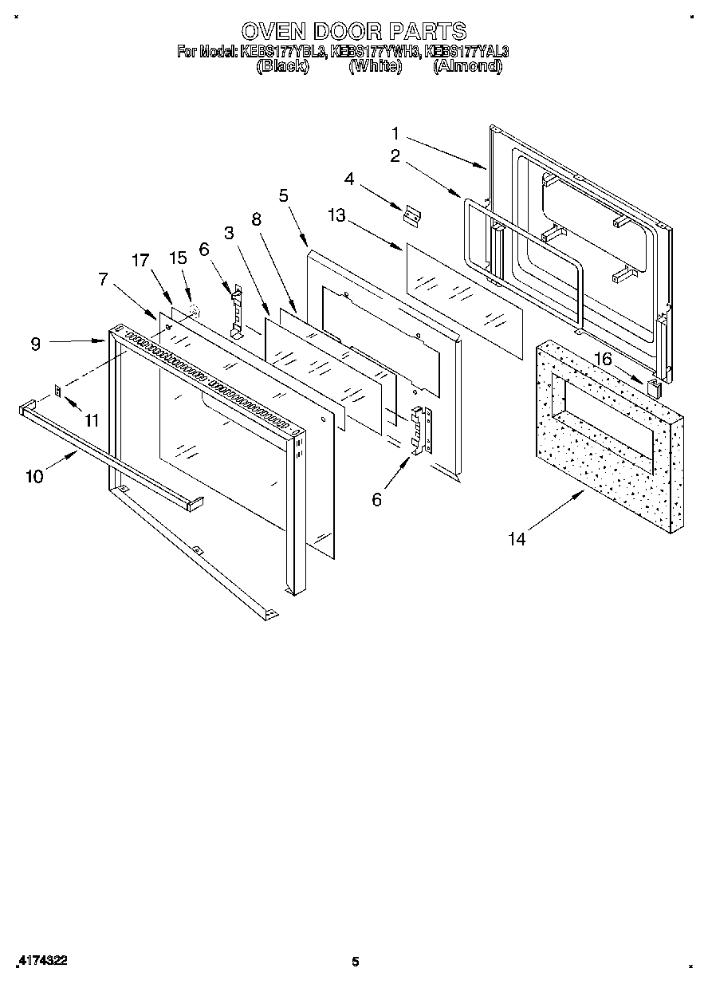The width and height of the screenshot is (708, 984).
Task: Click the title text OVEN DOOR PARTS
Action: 353,31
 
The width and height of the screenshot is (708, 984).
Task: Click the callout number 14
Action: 517,539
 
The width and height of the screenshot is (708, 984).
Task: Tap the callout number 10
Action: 34,476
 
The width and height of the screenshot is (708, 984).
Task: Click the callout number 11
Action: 92,419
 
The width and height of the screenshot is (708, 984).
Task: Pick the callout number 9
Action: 35,344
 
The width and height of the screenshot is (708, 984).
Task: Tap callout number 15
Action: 178,258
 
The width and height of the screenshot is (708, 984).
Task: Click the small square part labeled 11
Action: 58,391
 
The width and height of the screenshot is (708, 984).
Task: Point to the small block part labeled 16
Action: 654,388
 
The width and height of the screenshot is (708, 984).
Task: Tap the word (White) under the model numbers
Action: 375,67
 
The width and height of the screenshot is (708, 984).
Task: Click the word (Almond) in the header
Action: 467,67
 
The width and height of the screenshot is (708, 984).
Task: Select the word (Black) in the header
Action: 282,67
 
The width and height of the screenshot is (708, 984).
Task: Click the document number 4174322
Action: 40,962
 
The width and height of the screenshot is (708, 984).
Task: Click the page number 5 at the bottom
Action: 356,962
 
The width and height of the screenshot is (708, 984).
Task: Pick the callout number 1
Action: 395,133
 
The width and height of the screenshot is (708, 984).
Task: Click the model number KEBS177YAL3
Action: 467,52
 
